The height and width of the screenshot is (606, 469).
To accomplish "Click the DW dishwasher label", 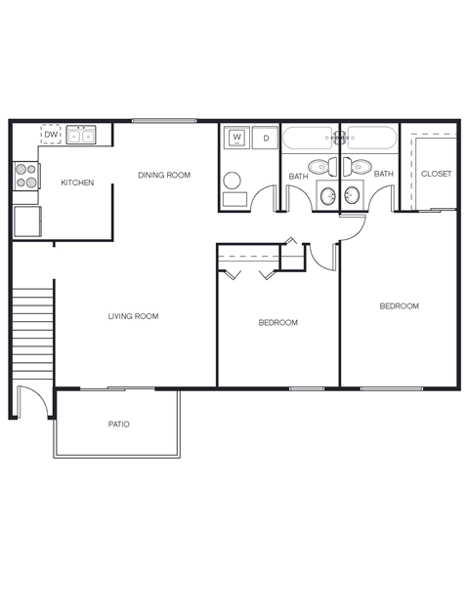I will pyautogui.click(x=51, y=136).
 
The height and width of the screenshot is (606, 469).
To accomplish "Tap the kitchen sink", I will pyautogui.click(x=80, y=136).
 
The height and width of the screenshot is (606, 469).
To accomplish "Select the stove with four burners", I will pyautogui.click(x=26, y=176).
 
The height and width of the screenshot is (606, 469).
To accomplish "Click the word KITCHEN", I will pyautogui.click(x=77, y=182).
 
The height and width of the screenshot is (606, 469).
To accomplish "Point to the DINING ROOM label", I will pyautogui.click(x=164, y=175).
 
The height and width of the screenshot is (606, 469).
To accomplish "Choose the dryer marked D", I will pyautogui.click(x=265, y=139).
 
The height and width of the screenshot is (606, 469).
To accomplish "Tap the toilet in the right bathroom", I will pyautogui.click(x=361, y=165).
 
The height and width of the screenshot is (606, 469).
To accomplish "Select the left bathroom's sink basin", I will pyautogui.click(x=327, y=197).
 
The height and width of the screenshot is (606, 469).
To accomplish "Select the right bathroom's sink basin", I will pyautogui.click(x=352, y=197).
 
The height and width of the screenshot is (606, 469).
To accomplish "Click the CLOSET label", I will pyautogui.click(x=436, y=174).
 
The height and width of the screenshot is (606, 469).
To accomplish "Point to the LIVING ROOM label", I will pyautogui.click(x=134, y=316).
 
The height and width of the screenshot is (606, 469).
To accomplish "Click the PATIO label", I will pyautogui.click(x=119, y=424).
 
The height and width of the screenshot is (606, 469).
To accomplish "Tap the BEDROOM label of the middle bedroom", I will pyautogui.click(x=278, y=322).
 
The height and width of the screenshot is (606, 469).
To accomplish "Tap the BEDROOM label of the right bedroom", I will pyautogui.click(x=399, y=305).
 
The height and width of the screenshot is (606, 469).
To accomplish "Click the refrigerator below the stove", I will pyautogui.click(x=26, y=221).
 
